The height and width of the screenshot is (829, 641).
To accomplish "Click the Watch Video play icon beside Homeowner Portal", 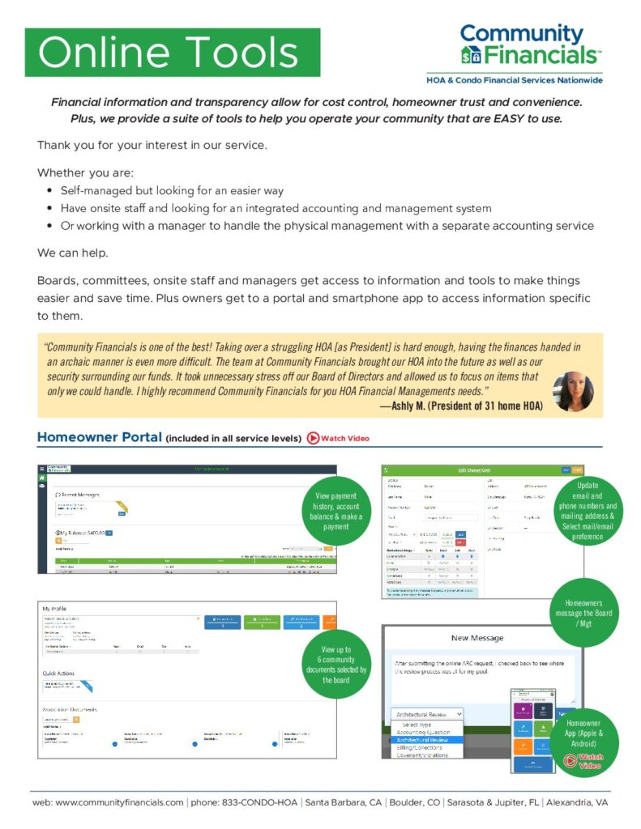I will (313, 438).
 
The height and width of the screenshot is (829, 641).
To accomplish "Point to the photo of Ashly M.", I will (573, 392).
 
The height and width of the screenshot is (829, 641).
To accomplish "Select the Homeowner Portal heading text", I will (100, 438).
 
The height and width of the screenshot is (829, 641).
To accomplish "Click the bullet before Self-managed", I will (50, 191).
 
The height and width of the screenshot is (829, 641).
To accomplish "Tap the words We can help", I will (71, 253).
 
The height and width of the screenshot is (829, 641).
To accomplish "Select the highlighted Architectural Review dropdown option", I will (428, 739).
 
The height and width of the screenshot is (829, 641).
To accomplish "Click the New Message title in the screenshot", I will (477, 637).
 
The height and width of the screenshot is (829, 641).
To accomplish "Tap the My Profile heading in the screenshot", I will (60, 607).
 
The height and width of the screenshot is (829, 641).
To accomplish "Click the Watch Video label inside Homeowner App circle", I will (591, 761).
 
